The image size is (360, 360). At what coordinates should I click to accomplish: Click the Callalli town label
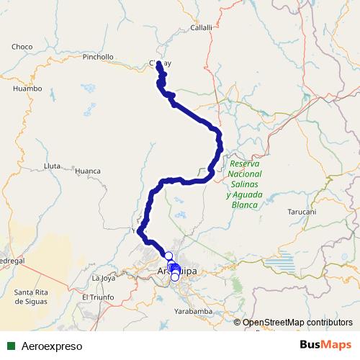(x=201, y=27)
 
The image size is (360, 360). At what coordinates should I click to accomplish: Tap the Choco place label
(x=22, y=47)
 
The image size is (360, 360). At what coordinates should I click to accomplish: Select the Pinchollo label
(x=98, y=57)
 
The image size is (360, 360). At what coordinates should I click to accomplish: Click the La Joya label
(x=104, y=277)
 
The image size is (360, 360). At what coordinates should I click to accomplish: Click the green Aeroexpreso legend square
(x=11, y=346)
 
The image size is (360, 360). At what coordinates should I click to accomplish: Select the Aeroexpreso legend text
(x=52, y=346)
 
